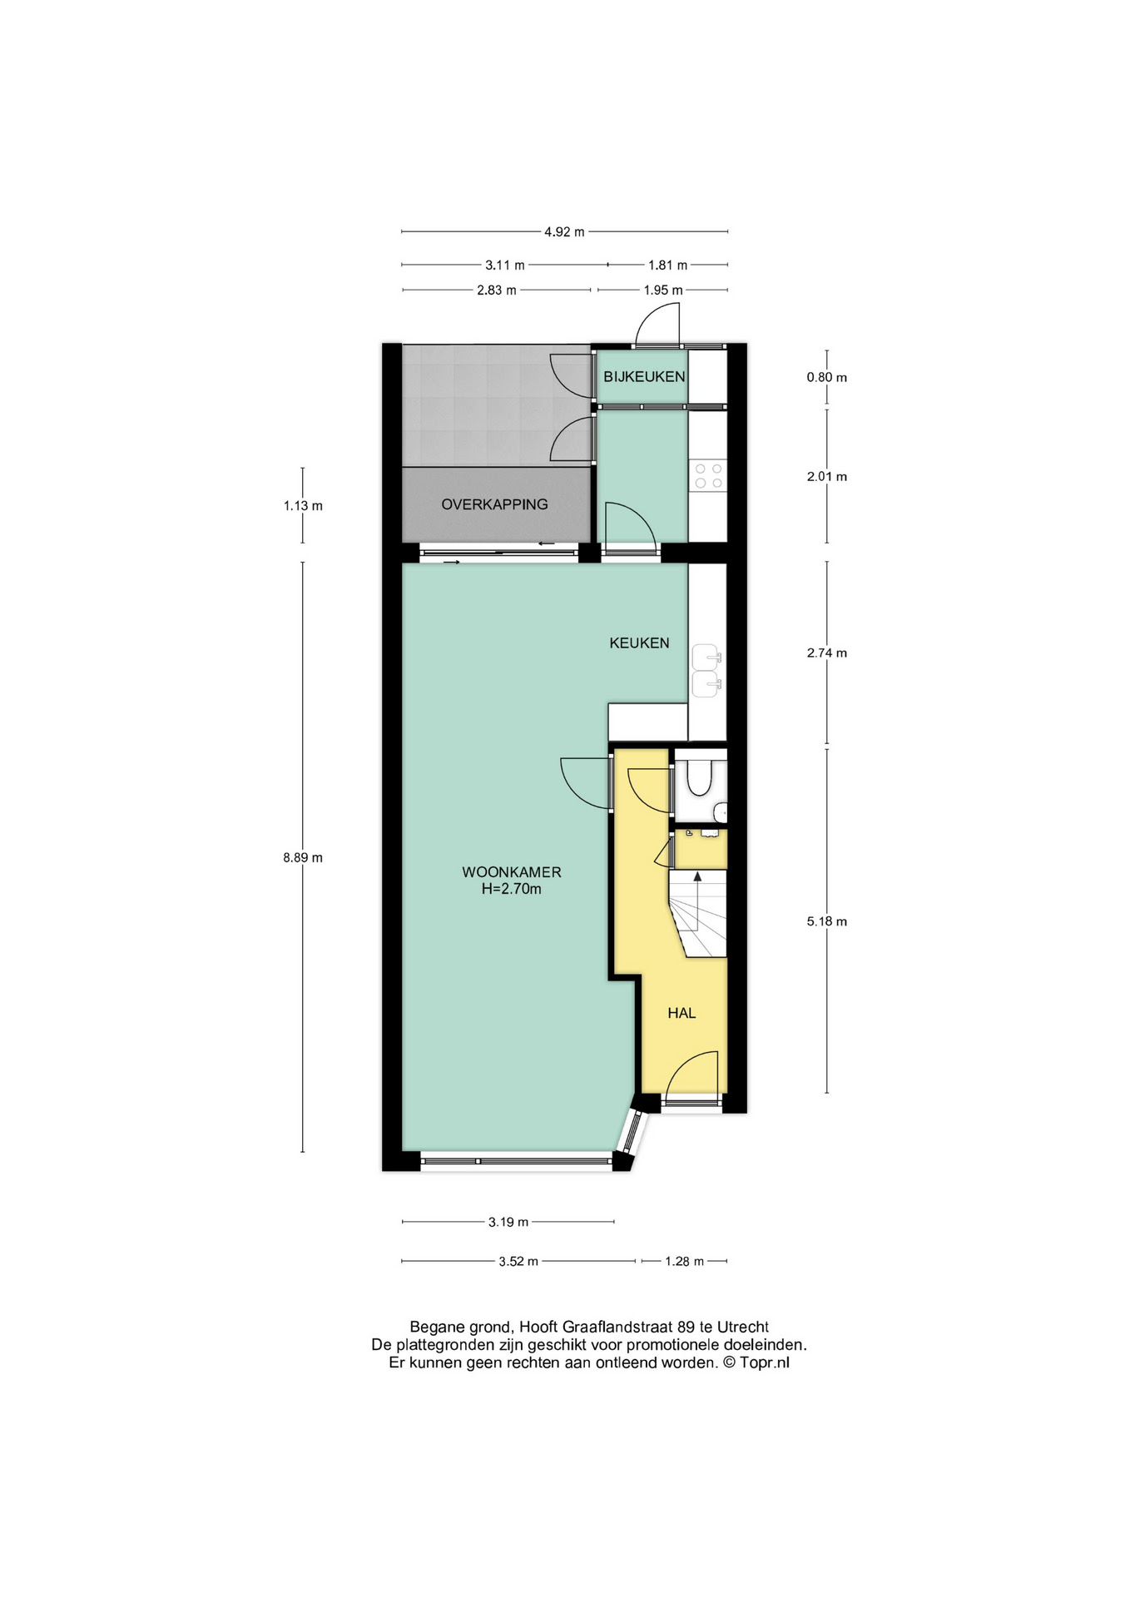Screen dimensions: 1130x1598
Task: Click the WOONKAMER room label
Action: coord(512,872)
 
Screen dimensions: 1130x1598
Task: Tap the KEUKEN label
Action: coord(639,643)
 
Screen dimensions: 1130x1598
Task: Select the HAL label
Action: coord(681,1013)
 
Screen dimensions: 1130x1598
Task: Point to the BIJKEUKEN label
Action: coord(644,376)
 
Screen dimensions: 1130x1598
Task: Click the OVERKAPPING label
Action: coord(494,504)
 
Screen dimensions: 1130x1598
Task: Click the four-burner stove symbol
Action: coord(708,475)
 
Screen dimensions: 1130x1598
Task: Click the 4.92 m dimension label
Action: coord(564,232)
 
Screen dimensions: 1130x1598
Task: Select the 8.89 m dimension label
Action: coord(303,857)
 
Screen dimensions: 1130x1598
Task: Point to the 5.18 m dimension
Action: coord(826,921)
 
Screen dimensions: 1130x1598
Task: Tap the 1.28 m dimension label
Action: coord(684,1261)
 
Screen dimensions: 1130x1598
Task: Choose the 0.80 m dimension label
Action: coord(826,377)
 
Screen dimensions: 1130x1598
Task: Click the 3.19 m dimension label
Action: coord(508,1222)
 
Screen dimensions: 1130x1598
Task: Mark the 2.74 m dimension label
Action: coord(826,653)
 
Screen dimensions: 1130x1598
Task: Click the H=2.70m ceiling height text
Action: coord(512,889)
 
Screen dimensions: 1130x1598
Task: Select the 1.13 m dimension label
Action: coord(303,505)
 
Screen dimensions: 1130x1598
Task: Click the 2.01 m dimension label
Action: coord(826,477)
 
